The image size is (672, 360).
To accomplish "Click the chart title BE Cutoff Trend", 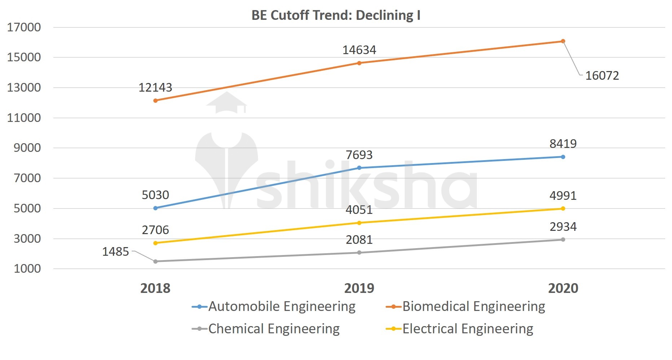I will pos(336,16).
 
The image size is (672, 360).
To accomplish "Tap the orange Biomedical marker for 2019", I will pos(359,63).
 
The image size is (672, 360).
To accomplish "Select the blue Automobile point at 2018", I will pos(155,208).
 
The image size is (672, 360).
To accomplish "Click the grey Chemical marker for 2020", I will pos(563,240).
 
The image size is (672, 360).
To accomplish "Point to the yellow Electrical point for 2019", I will pos(359,223).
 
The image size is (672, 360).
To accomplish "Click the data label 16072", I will pos(602,76).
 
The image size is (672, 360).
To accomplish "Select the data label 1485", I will pos(115,251).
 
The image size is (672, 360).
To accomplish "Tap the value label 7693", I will pos(359,155).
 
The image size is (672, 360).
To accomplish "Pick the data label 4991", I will pos(563,196).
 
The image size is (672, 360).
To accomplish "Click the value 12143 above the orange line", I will pos(155,88).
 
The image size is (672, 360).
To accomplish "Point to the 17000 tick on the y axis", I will pos(24,27).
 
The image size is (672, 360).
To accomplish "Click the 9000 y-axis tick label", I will pos(27,148).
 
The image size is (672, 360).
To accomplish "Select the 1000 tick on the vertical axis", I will pos(27,269).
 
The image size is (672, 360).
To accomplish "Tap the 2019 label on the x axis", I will pos(359,288).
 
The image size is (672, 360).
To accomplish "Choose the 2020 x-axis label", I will pos(563,288).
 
